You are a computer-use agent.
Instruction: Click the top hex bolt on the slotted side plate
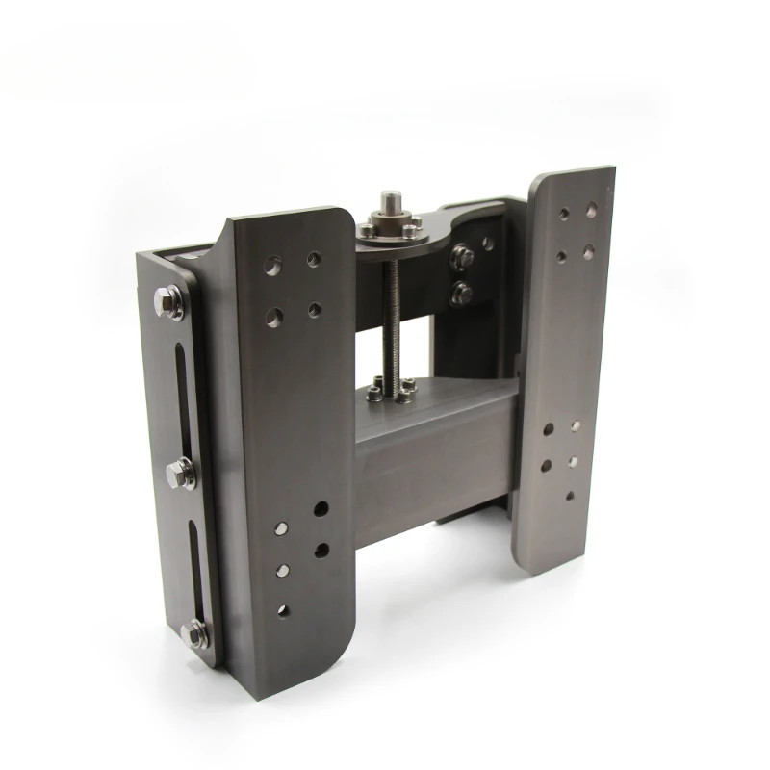click(x=170, y=302)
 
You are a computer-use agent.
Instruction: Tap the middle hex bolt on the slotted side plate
click(x=180, y=474)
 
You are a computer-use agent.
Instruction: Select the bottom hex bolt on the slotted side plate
click(x=194, y=632)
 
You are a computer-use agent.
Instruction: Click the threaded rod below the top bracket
click(x=393, y=308)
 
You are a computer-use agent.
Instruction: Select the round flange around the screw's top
click(x=391, y=231)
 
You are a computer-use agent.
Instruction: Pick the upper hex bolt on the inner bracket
click(x=462, y=257)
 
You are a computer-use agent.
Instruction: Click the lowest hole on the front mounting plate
click(x=283, y=610)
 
